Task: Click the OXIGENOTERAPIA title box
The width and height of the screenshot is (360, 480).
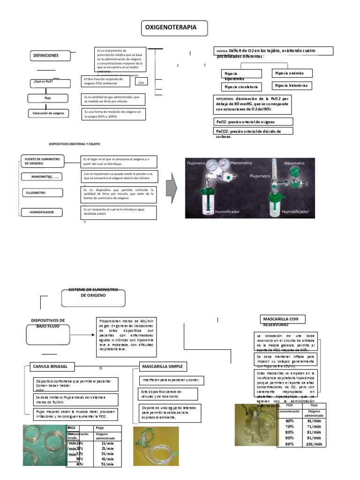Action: tap(175, 28)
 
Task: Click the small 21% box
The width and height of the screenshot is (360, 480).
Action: tap(141, 82)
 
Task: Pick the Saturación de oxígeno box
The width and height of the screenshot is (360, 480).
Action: tap(49, 113)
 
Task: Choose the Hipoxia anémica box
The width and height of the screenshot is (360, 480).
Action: tap(292, 73)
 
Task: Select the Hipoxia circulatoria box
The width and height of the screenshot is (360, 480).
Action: tap(241, 87)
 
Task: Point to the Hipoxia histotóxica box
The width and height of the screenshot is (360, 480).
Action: tap(292, 86)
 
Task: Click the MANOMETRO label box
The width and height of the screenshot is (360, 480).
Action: tap(41, 177)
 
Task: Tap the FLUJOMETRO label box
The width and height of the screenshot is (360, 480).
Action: tap(40, 192)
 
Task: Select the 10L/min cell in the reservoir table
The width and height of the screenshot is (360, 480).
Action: tap(314, 444)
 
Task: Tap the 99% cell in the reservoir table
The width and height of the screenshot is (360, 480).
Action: tap(289, 444)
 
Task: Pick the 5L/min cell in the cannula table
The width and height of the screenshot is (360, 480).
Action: tap(108, 464)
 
